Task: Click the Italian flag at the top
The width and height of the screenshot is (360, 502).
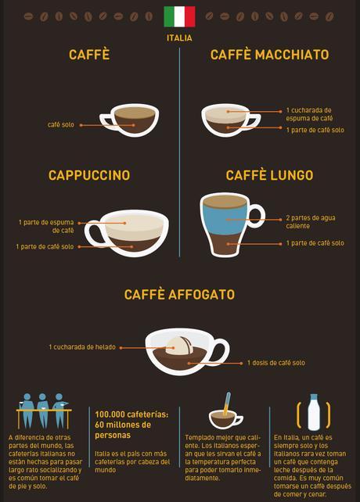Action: point(179,16)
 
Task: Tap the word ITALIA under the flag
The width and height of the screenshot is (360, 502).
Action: point(179,38)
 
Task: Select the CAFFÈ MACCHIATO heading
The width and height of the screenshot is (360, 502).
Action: point(269,55)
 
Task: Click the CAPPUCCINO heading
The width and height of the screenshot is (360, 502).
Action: point(89,175)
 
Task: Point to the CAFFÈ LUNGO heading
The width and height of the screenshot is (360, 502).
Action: point(269,175)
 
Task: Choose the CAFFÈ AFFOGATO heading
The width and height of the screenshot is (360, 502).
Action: point(179,295)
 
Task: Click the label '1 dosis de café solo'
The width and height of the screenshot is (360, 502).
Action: point(276,363)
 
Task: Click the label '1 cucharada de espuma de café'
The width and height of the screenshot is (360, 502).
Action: point(308,114)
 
